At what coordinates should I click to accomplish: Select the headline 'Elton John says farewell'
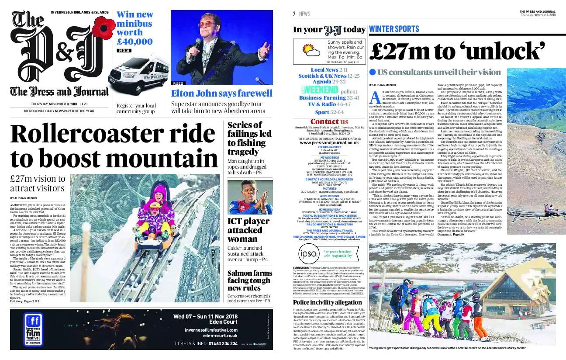coord(221,93)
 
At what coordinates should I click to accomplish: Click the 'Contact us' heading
coord(329,121)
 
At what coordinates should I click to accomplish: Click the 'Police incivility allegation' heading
coord(327,302)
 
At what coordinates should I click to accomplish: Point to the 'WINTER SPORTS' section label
coord(394,29)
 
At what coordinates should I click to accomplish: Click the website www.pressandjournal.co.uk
coord(329,143)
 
